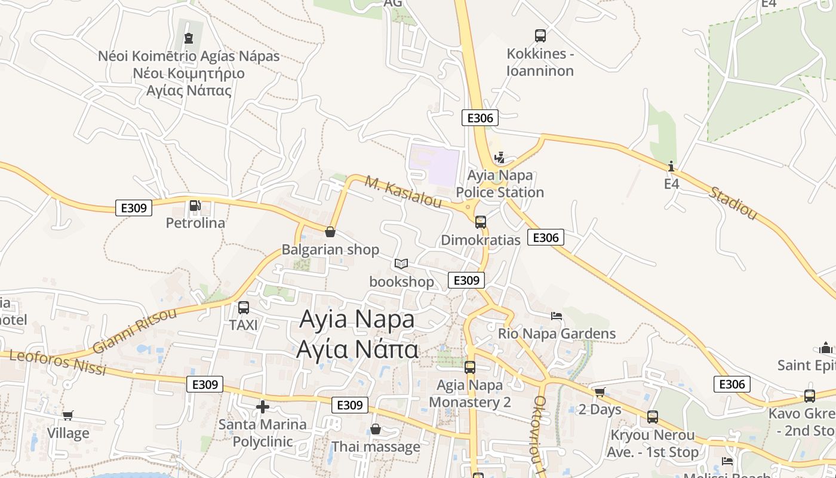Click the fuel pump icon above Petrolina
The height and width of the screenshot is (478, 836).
click(195, 206)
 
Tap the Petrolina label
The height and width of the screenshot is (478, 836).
click(195, 223)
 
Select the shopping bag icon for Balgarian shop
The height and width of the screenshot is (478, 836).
click(330, 232)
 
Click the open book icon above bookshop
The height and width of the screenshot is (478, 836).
click(401, 263)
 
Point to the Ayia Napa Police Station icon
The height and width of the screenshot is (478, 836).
click(500, 158)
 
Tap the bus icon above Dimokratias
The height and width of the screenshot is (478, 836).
click(481, 222)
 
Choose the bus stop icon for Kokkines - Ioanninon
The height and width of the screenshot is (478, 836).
click(540, 36)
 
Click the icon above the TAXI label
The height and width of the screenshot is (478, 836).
click(244, 308)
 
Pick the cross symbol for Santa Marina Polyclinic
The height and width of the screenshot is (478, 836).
click(262, 407)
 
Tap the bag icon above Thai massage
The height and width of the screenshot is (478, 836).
click(376, 429)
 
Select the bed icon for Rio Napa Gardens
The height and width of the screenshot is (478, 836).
click(557, 315)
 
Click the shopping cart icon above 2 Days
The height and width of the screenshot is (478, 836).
click(600, 392)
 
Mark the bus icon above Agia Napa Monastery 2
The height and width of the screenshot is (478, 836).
click(470, 367)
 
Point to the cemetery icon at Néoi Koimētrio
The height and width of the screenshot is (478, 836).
click(189, 39)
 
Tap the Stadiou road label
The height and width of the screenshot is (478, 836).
click(733, 203)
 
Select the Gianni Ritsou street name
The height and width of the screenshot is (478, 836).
click(135, 331)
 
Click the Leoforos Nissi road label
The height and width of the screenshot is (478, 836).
click(58, 363)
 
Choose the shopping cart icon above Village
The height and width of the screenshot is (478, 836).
click(68, 415)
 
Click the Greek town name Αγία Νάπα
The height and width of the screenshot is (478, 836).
click(357, 350)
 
